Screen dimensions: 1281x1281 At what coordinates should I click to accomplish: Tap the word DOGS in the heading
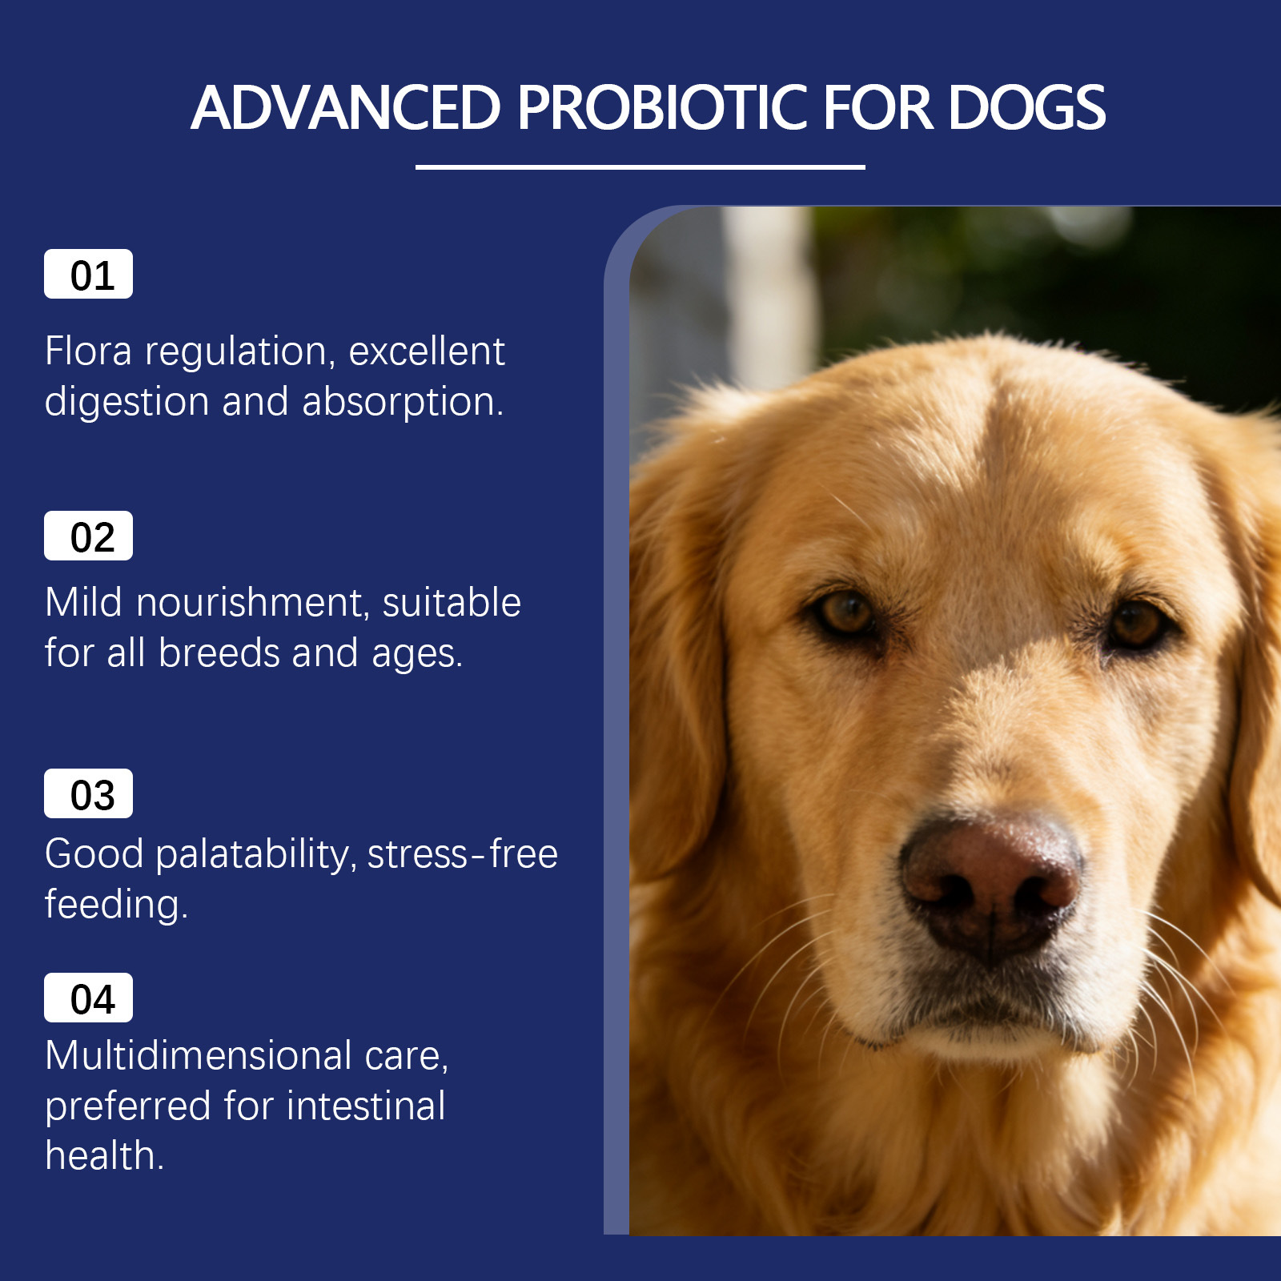pyautogui.click(x=1027, y=107)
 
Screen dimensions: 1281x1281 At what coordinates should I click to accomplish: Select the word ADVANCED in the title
pyautogui.click(x=346, y=107)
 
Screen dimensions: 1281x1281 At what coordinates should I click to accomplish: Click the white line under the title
pyautogui.click(x=640, y=167)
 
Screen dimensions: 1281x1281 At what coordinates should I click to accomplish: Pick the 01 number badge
pyautogui.click(x=88, y=274)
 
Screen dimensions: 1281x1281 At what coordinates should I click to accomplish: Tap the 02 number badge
pyautogui.click(x=88, y=536)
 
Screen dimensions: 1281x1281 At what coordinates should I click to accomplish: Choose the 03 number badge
pyautogui.click(x=88, y=793)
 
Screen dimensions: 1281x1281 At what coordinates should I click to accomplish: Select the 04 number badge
pyautogui.click(x=88, y=998)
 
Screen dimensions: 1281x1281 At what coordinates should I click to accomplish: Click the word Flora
pyautogui.click(x=89, y=351)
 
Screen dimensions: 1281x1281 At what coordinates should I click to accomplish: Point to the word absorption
pyautogui.click(x=403, y=403)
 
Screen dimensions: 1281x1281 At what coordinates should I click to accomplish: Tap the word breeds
pyautogui.click(x=219, y=653)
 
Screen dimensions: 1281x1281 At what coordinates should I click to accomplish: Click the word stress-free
pyautogui.click(x=463, y=854)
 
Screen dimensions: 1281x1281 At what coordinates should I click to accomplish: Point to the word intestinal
pyautogui.click(x=366, y=1106)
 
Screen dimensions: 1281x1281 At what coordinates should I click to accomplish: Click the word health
pyautogui.click(x=105, y=1155)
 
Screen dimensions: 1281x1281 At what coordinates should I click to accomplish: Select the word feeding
pyautogui.click(x=116, y=906)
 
